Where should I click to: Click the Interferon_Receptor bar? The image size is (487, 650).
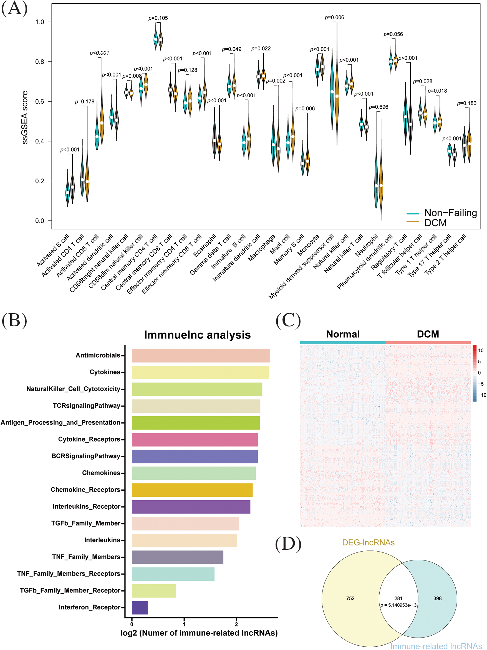(x=140, y=607)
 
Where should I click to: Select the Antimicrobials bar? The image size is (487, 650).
(x=201, y=356)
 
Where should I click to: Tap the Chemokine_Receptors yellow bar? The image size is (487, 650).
(x=192, y=490)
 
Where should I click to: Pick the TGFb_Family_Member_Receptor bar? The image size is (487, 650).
(x=154, y=591)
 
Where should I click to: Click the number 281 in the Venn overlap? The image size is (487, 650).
(x=398, y=598)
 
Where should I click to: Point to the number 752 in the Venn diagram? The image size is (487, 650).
(x=350, y=598)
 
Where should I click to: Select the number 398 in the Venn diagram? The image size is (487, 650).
(x=437, y=598)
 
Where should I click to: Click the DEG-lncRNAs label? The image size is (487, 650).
(x=368, y=542)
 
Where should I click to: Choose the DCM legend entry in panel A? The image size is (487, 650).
(x=435, y=223)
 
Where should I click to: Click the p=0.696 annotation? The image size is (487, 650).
(x=379, y=107)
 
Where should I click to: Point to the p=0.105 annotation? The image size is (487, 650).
(x=158, y=18)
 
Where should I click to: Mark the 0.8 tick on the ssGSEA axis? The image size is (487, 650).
(x=39, y=62)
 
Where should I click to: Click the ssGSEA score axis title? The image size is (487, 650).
(x=25, y=117)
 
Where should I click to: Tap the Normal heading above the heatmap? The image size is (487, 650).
(x=343, y=334)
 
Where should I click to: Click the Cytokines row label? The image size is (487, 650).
(x=105, y=372)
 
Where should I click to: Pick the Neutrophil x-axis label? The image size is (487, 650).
(x=366, y=245)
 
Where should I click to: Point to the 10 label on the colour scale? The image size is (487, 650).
(x=481, y=350)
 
